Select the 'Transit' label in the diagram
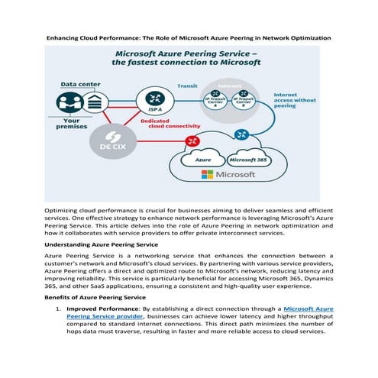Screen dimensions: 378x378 pyautogui.click(x=187, y=86)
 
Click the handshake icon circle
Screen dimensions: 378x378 pyautogui.click(x=241, y=134)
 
